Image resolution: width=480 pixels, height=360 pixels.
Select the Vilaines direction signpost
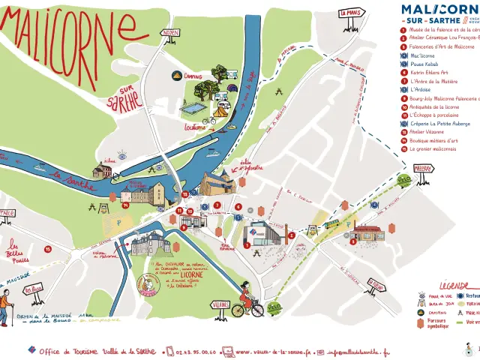220,305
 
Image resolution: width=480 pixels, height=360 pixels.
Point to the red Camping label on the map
192,76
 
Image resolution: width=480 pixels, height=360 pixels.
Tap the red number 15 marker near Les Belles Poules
47,248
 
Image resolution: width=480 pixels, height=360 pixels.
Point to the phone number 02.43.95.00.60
191,351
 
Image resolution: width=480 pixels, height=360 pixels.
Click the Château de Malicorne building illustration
149,244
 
